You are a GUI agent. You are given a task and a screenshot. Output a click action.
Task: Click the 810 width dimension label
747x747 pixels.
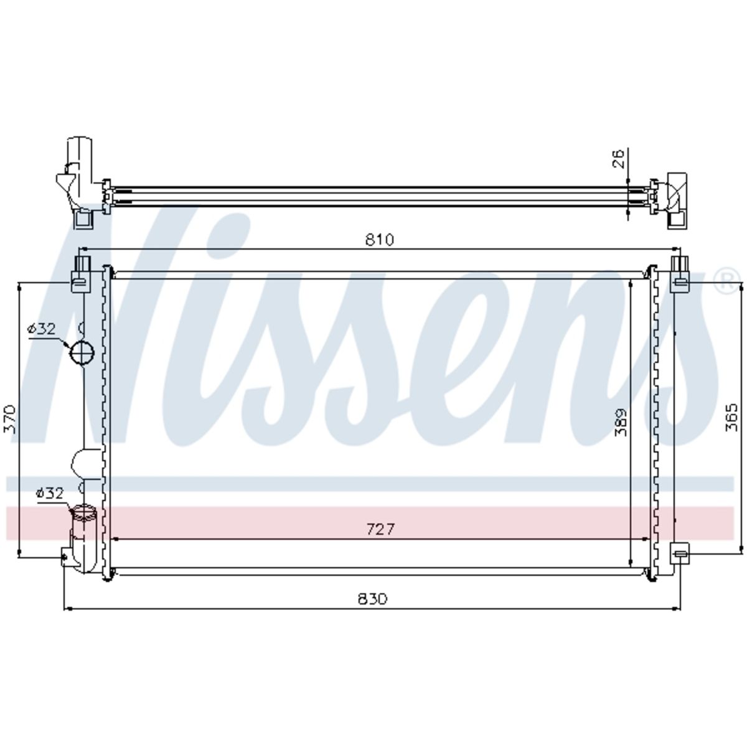pyautogui.click(x=379, y=240)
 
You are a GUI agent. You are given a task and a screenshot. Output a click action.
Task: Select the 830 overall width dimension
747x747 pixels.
pyautogui.click(x=372, y=599)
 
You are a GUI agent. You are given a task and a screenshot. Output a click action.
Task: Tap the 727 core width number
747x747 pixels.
pyautogui.click(x=380, y=529)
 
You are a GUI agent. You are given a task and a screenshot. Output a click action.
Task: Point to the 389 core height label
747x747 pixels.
pyautogui.click(x=621, y=422)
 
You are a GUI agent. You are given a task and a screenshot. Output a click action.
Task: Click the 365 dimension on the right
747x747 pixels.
pyautogui.click(x=731, y=418)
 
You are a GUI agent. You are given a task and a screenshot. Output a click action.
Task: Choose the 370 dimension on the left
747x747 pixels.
pyautogui.click(x=9, y=419)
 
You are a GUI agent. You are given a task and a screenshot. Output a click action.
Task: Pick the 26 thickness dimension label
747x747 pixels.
pyautogui.click(x=619, y=158)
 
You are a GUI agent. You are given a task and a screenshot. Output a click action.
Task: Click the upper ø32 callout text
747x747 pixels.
pyautogui.click(x=42, y=329)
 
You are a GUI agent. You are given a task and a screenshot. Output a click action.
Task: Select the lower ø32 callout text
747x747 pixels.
pyautogui.click(x=49, y=493)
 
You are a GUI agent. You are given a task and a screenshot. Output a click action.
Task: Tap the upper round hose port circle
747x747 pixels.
pyautogui.click(x=82, y=352)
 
